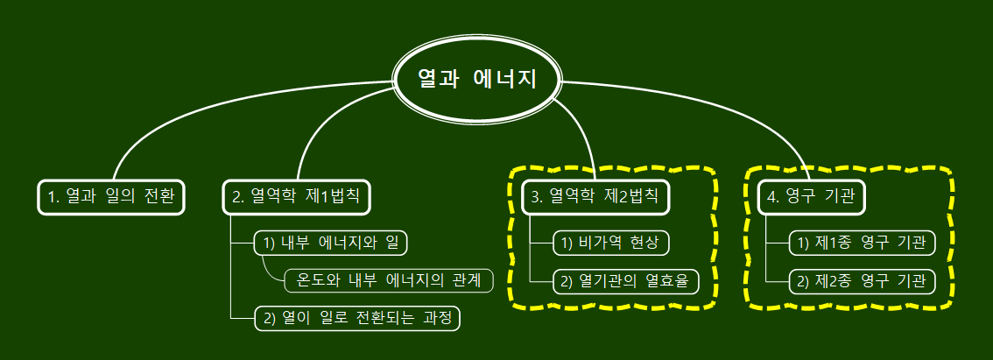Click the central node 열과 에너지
point(477,79)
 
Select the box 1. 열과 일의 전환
point(111,196)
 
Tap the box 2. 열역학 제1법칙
point(296,196)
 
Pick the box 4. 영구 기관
point(811,196)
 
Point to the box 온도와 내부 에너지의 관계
point(389,280)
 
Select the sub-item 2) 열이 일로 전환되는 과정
point(356,317)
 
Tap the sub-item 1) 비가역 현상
point(616,243)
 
